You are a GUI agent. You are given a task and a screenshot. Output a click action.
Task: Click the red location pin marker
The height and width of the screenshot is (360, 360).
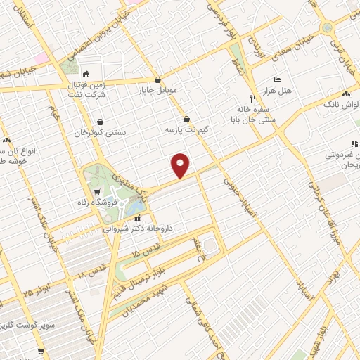[181, 165]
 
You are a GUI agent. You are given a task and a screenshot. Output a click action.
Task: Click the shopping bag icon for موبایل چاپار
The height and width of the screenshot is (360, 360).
[158, 79]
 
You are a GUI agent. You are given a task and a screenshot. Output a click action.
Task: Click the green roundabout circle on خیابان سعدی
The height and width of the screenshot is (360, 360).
[326, 27]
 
